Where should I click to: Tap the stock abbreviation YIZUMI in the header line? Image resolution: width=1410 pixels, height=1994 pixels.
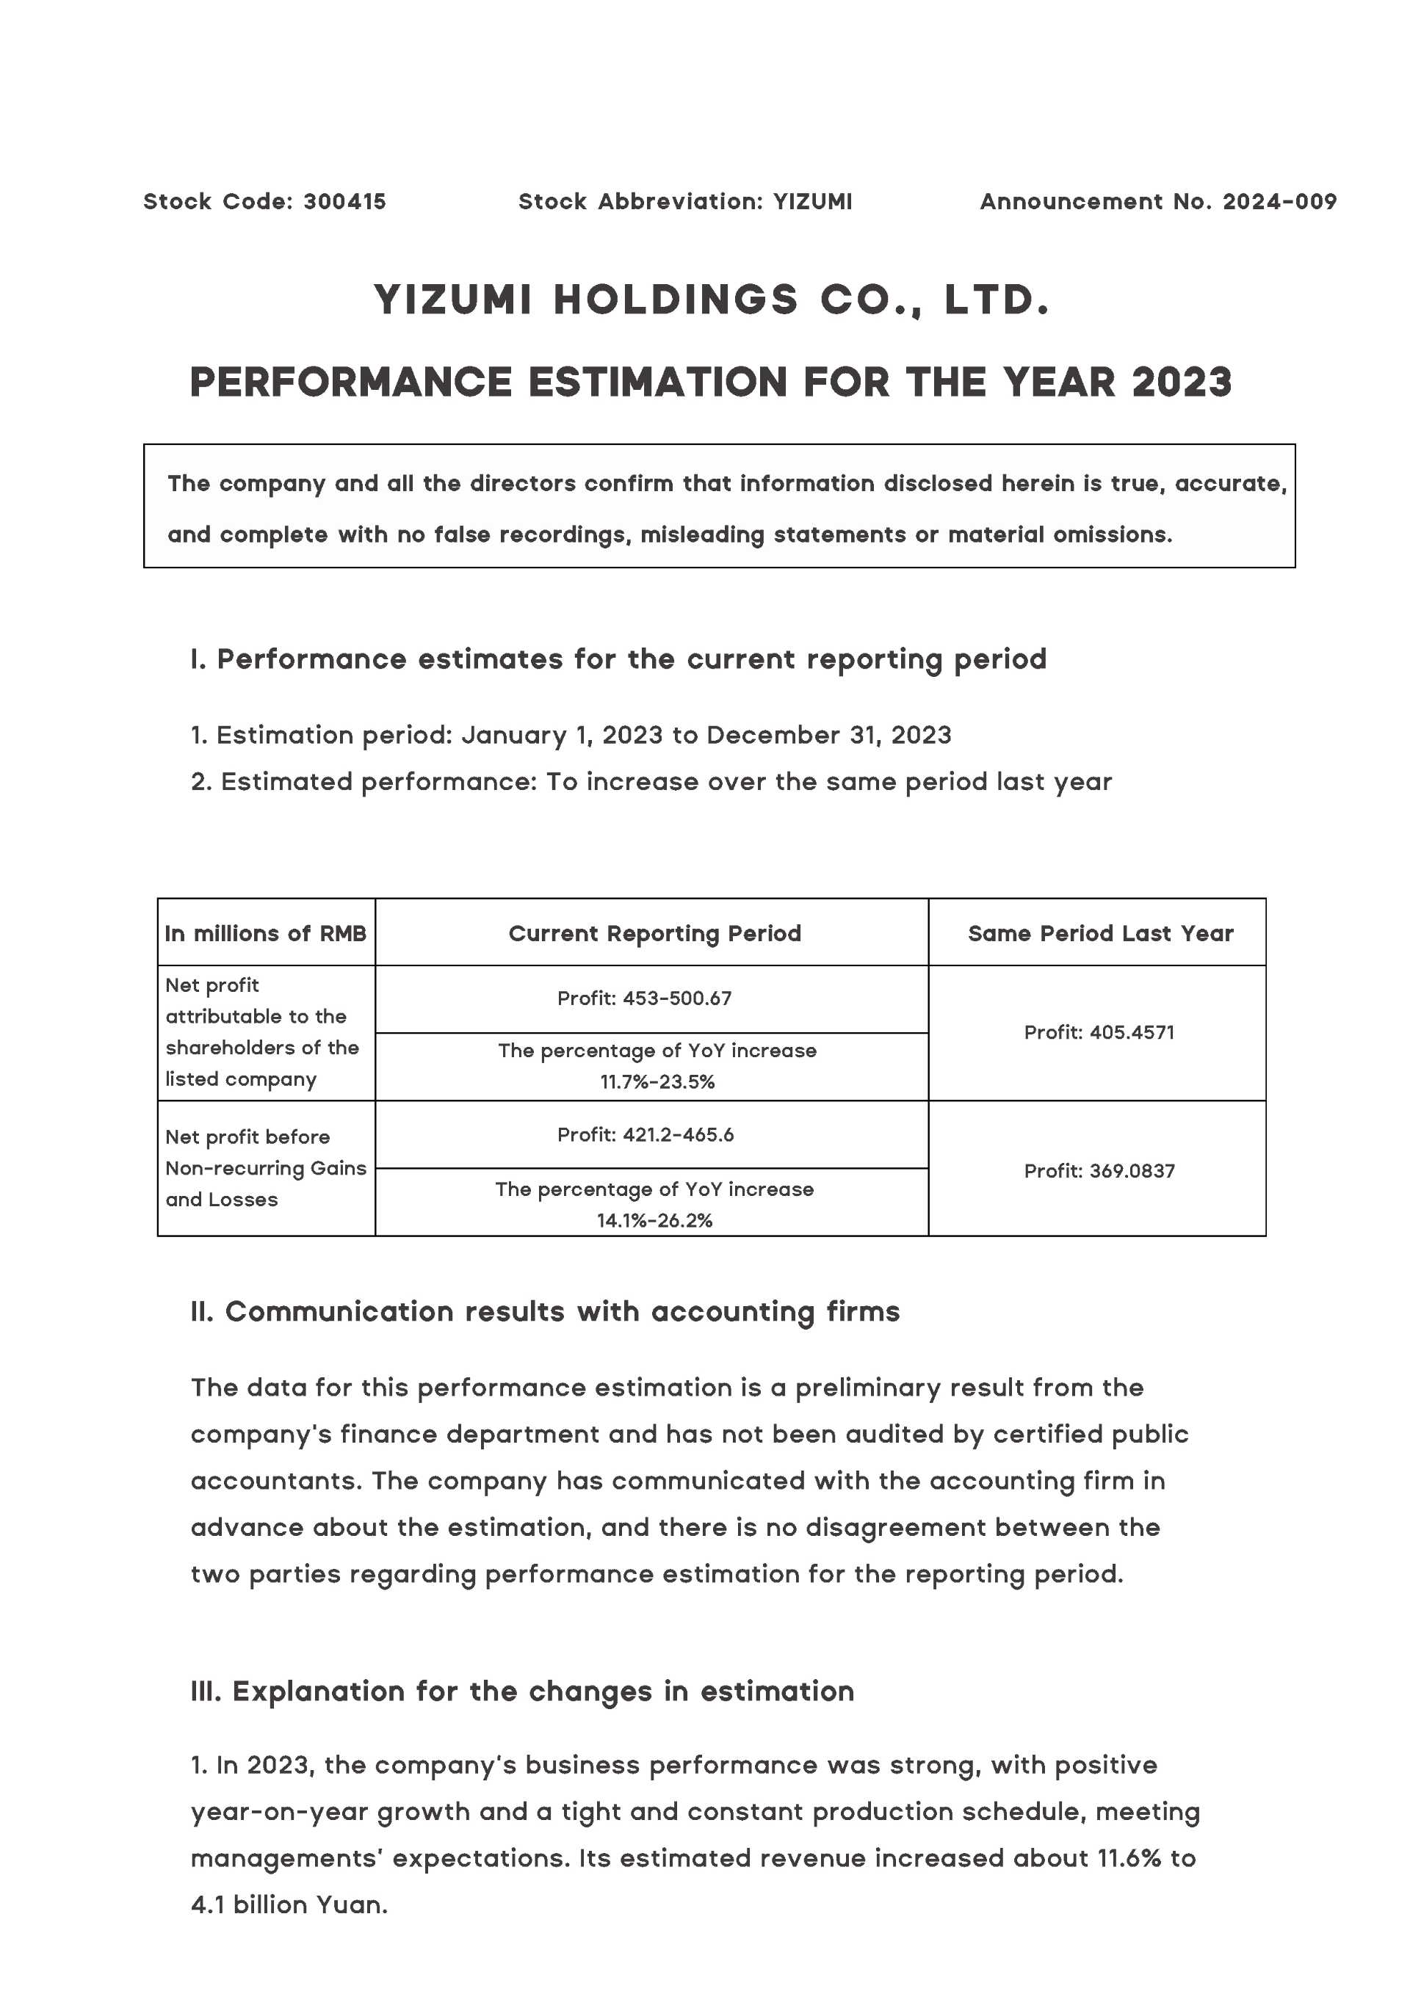tap(812, 201)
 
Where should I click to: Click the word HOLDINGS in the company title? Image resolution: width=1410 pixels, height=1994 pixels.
tap(675, 300)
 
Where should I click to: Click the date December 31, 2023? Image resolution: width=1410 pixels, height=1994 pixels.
tap(829, 735)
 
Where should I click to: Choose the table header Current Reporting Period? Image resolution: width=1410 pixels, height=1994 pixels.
tap(654, 934)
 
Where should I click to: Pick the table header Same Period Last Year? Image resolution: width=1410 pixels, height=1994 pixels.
tap(1100, 934)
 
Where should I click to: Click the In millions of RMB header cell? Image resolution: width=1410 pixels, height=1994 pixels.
tap(265, 934)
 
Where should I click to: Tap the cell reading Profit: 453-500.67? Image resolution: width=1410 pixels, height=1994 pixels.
tap(645, 998)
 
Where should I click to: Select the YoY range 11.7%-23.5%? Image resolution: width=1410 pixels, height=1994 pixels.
tap(657, 1081)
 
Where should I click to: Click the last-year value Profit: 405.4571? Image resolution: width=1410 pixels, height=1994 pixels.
tap(1099, 1032)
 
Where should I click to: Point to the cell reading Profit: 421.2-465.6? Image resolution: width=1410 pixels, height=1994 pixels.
tap(646, 1135)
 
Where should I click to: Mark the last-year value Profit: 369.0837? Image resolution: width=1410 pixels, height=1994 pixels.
tap(1099, 1171)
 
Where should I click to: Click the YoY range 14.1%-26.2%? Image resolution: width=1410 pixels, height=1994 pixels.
tap(654, 1220)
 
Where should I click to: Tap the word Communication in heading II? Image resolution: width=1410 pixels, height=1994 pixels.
tap(339, 1311)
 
